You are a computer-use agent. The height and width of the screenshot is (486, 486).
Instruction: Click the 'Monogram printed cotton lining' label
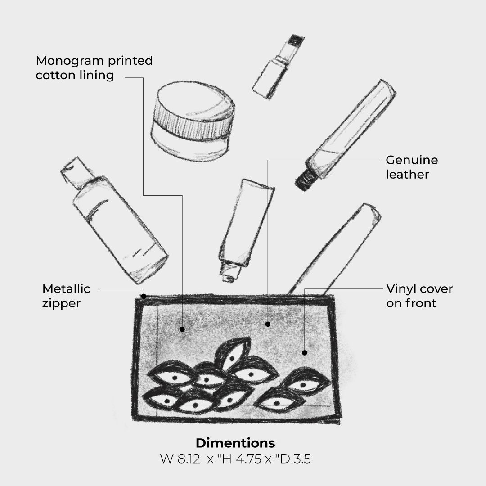(94, 68)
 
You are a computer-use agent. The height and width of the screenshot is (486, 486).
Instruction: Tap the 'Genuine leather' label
(412, 167)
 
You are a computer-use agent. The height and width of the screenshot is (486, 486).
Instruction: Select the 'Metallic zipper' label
(66, 296)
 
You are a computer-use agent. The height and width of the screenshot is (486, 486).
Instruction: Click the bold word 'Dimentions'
(235, 443)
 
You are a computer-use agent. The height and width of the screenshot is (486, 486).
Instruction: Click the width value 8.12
(189, 459)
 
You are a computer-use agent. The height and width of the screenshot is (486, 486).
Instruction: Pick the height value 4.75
(248, 459)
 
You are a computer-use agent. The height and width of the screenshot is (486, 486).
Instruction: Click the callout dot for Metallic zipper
(144, 296)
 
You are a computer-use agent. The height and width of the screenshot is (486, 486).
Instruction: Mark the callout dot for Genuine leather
(268, 324)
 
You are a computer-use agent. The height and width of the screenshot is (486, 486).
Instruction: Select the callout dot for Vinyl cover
(305, 353)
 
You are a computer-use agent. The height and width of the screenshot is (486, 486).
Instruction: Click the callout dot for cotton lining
(182, 329)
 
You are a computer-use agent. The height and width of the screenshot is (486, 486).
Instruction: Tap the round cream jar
(193, 121)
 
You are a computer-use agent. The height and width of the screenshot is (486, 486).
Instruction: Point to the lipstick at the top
(279, 67)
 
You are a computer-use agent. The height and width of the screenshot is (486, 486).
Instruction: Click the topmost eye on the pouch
(233, 353)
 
